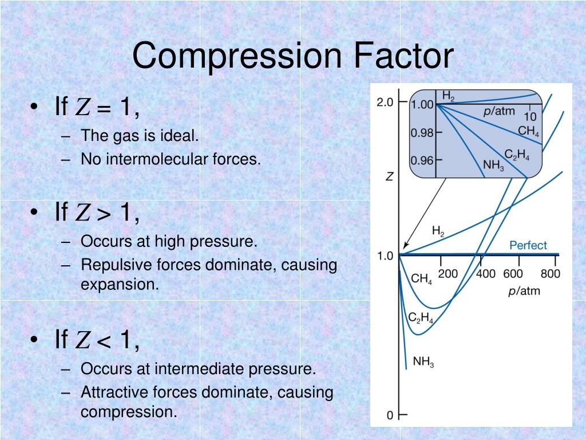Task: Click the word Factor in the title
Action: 403,56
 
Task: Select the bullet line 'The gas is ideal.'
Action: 140,136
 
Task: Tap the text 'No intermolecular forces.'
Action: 171,159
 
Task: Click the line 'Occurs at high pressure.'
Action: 169,242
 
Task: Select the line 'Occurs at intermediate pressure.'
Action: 198,369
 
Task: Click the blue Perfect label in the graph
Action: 528,245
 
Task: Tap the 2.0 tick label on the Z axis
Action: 385,103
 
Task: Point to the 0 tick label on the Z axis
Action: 390,415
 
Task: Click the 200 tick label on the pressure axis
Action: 448,274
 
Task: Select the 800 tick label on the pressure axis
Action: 550,274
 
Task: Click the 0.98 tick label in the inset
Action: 422,133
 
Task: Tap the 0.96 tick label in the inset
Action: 422,160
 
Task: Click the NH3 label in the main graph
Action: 423,362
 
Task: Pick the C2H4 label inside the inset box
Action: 517,154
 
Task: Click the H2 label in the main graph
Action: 438,231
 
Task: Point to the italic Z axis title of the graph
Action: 389,177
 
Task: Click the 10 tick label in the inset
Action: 530,117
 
